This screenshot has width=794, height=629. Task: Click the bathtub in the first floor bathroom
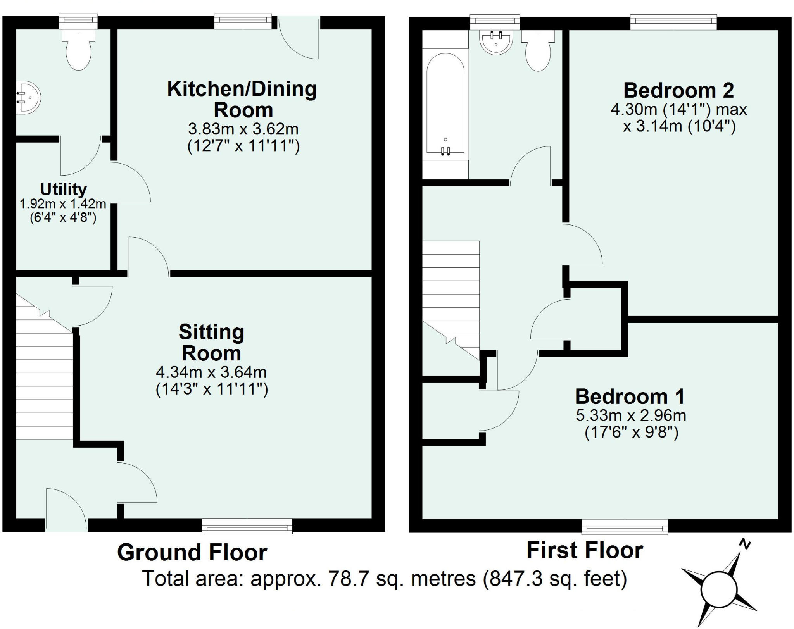(x=445, y=105)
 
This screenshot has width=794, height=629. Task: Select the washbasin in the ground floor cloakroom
(x=28, y=97)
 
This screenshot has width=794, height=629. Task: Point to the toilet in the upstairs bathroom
(x=538, y=50)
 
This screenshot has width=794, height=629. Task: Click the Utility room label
(x=64, y=189)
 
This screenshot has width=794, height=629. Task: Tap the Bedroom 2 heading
(x=678, y=90)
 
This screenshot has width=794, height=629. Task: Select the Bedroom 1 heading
(x=630, y=396)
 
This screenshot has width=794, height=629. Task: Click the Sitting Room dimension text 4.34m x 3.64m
(x=211, y=372)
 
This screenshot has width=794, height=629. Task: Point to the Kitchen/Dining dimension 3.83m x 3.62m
(x=243, y=129)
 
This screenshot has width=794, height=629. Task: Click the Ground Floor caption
(x=192, y=552)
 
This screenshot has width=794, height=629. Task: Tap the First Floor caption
(x=585, y=550)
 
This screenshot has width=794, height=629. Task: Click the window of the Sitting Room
(x=247, y=526)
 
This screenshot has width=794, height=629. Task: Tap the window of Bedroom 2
(x=673, y=22)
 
